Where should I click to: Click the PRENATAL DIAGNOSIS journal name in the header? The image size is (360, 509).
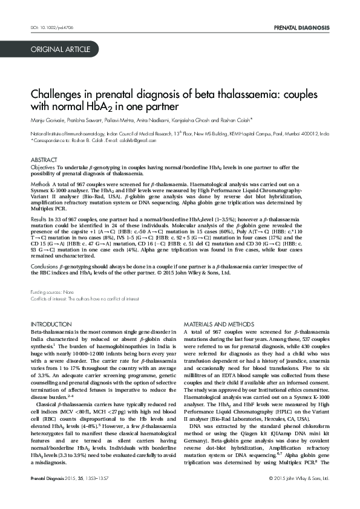point(301,28)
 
